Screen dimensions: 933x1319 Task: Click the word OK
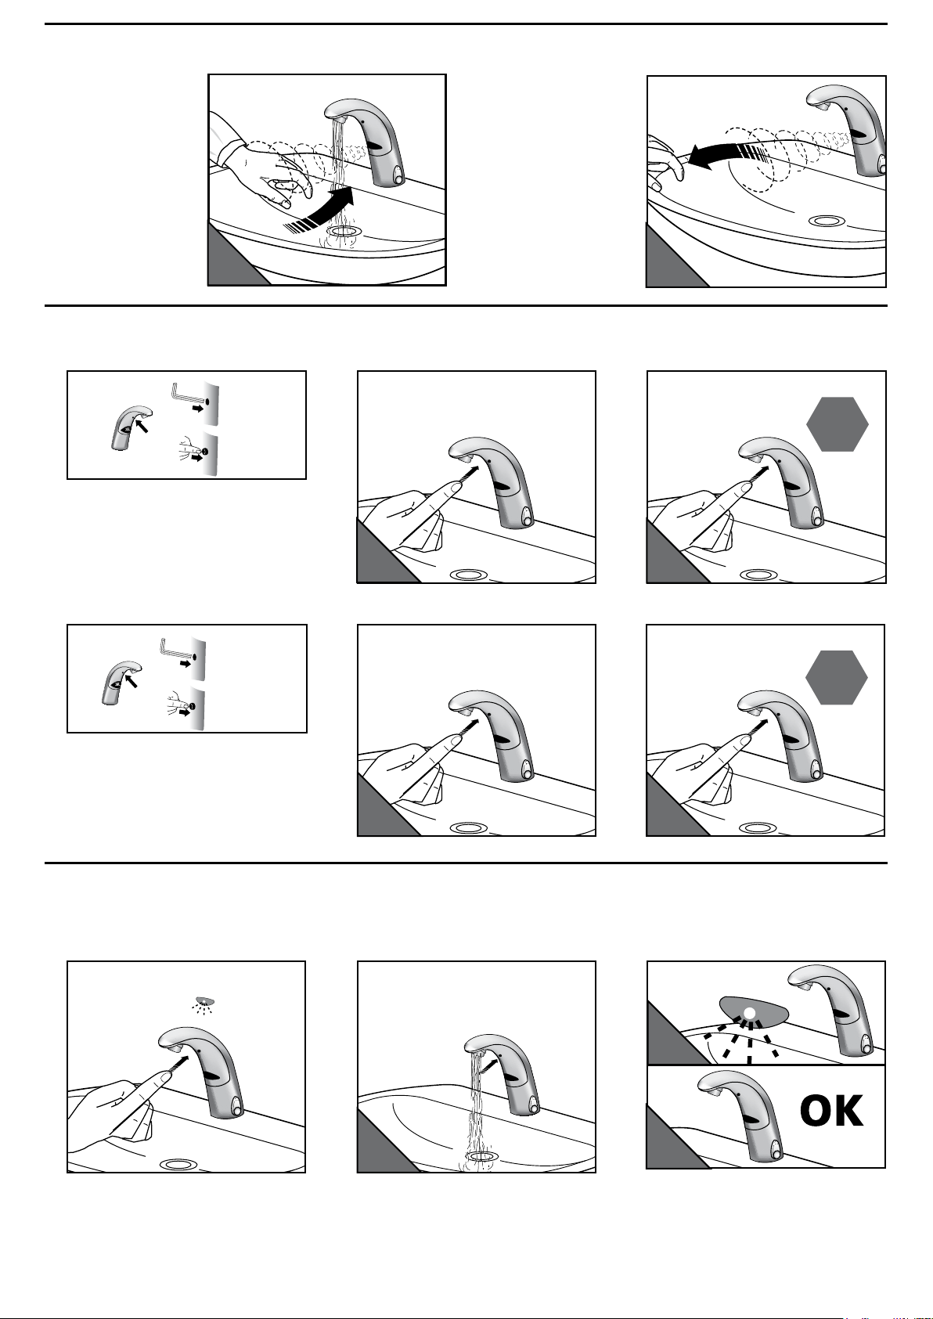(831, 1110)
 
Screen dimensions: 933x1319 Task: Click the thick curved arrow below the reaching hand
(321, 211)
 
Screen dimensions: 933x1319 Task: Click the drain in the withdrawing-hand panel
(826, 221)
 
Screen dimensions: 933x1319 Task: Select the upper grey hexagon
(837, 424)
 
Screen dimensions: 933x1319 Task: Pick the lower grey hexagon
(836, 678)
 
